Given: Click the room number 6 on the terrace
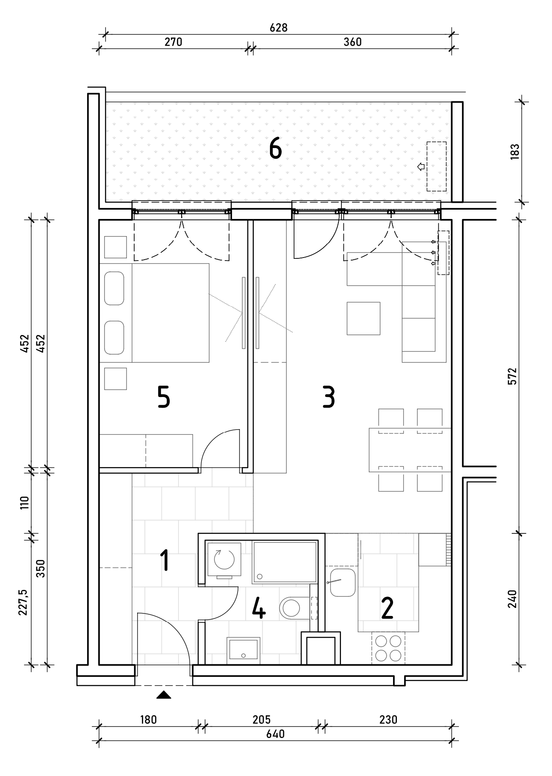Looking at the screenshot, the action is click(276, 149).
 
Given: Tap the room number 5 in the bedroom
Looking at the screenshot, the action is click(164, 397).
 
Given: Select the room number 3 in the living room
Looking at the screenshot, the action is click(328, 397).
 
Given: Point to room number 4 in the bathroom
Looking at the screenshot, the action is click(258, 608).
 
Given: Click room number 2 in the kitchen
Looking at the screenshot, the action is click(387, 608).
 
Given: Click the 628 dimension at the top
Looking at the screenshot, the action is click(279, 28).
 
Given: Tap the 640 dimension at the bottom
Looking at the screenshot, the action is click(276, 734).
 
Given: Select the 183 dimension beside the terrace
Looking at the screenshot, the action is click(514, 152).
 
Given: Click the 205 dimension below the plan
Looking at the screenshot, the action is click(261, 720).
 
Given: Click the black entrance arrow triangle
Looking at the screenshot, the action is click(164, 695).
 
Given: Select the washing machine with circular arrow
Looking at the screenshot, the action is click(224, 560).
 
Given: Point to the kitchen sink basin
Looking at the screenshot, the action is click(343, 583).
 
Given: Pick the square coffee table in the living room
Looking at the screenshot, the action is click(364, 318).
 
